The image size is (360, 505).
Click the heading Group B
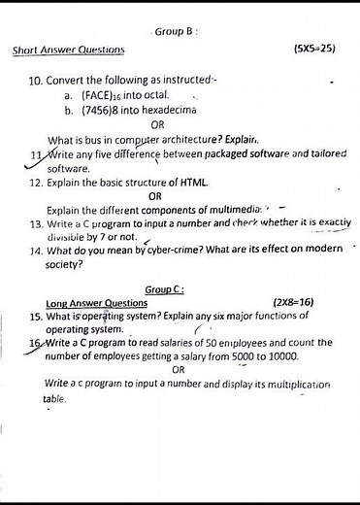pos(176,31)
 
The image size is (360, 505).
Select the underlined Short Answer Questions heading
pos(69,50)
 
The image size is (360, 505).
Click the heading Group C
pos(165,289)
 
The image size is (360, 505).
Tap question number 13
pos(35,222)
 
